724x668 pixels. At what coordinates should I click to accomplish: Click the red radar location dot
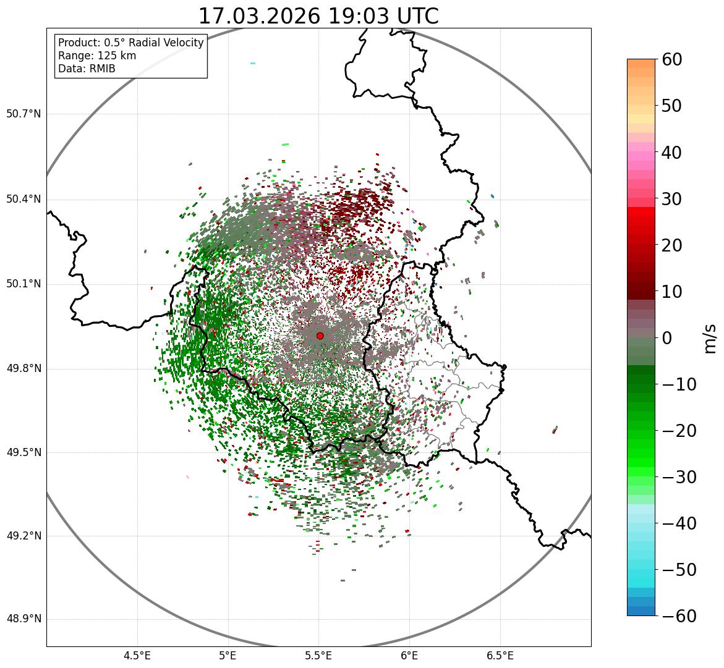[320, 336]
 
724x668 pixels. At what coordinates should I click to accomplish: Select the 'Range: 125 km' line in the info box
[97, 56]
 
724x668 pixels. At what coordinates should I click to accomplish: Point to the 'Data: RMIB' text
[87, 69]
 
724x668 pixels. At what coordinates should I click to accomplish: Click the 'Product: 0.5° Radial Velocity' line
[130, 43]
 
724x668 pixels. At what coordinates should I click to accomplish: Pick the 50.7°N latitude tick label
[23, 114]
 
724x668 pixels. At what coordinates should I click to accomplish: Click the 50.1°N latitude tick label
[23, 284]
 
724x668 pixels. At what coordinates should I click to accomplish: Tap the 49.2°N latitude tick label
[23, 536]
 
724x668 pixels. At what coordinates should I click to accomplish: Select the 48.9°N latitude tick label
[23, 619]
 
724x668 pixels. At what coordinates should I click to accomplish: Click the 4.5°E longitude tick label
[137, 656]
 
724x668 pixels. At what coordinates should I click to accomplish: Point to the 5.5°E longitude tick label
[318, 656]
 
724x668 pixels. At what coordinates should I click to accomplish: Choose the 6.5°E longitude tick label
[500, 656]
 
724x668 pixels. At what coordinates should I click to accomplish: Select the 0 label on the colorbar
[667, 338]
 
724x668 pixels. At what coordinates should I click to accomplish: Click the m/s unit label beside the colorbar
[710, 338]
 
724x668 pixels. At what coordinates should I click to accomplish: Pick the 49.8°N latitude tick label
[23, 369]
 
